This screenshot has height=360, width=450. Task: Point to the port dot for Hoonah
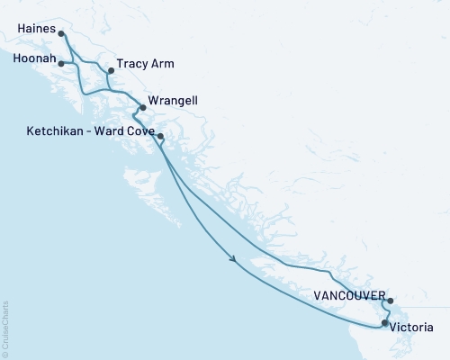pos(61,63)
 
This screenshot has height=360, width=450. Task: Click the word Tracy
pos(133,66)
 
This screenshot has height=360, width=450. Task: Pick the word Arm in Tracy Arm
pos(163,66)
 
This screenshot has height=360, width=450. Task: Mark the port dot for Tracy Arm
pos(111,69)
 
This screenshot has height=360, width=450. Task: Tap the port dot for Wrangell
pos(143,107)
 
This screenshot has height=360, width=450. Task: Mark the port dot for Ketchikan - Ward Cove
pos(160,137)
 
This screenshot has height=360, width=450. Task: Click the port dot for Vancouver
pos(391,301)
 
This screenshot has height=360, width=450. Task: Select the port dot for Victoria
pos(385,322)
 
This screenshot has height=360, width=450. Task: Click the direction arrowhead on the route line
pos(234,261)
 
